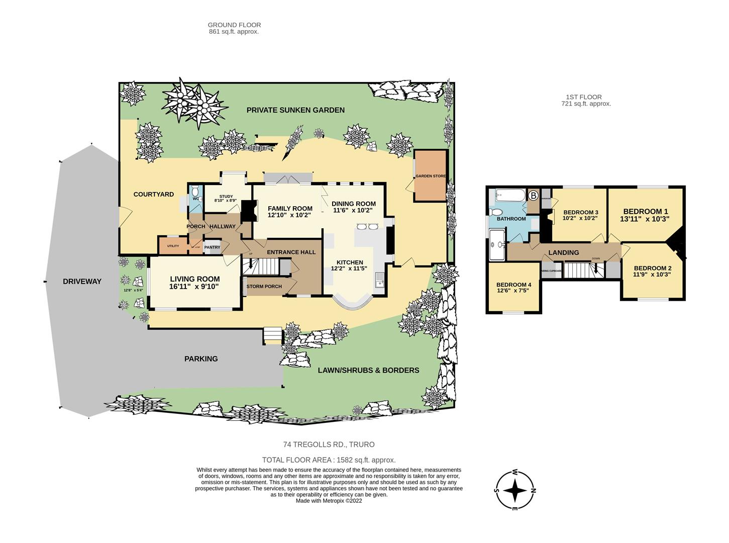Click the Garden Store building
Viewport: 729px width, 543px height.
[x=430, y=176]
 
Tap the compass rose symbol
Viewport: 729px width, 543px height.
[x=515, y=490]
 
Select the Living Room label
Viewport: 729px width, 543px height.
[x=194, y=279]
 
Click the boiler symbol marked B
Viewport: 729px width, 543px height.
[x=533, y=195]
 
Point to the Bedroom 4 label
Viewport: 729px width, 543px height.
[x=513, y=285]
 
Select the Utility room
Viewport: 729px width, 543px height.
[x=173, y=246]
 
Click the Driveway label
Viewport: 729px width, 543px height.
[x=82, y=282]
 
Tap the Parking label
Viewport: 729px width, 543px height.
[x=201, y=359]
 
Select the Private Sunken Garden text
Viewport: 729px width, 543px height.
[x=295, y=110]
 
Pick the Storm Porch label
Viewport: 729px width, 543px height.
[x=264, y=287]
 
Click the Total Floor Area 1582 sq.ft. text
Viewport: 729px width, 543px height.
[x=329, y=460]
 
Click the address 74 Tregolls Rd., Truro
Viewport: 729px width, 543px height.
[x=329, y=444]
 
